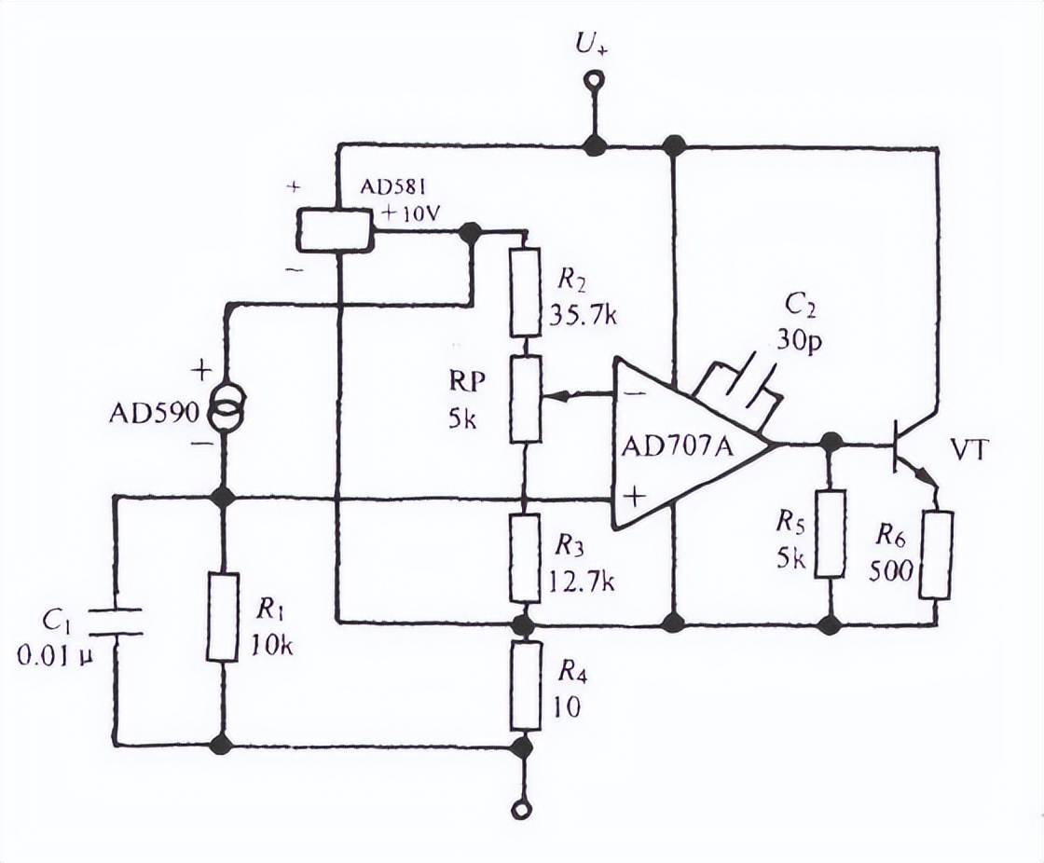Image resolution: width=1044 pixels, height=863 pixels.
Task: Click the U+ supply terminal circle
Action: [x=590, y=84]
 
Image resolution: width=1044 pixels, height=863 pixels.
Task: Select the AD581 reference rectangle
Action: [x=335, y=229]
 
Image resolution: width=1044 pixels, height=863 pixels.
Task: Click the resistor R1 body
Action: [x=224, y=618]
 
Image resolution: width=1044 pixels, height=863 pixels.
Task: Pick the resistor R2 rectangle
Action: [x=525, y=292]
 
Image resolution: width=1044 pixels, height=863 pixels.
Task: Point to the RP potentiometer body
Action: [x=525, y=398]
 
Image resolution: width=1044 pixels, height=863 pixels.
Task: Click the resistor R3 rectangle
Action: [x=525, y=557]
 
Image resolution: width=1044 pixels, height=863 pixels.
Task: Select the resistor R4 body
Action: [x=525, y=685]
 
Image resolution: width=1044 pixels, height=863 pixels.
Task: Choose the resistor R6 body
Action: [x=936, y=555]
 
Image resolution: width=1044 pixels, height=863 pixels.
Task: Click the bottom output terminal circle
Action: [x=524, y=809]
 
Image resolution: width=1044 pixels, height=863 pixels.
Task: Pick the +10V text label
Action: [x=407, y=213]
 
